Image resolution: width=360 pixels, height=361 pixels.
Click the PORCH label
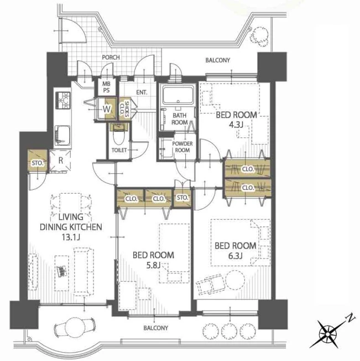[x=111, y=57]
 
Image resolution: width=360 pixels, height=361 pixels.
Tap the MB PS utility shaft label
[x=106, y=87]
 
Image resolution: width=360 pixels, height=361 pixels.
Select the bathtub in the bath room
[x=178, y=95]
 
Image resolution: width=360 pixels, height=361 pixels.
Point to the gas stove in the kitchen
[x=63, y=100]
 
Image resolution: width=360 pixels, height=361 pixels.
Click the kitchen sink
[x=62, y=135]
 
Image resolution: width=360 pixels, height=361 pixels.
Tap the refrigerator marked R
[x=60, y=161]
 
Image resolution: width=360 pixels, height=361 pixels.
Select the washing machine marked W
[x=106, y=109]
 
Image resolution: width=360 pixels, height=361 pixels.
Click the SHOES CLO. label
[x=124, y=109]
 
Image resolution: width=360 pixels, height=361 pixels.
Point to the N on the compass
[x=350, y=318]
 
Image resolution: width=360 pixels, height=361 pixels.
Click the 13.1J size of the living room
[x=71, y=237]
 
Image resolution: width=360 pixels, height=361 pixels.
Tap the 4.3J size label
[x=236, y=125]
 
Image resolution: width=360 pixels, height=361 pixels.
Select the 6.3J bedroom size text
[x=236, y=256]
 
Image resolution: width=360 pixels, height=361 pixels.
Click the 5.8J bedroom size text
[x=153, y=265]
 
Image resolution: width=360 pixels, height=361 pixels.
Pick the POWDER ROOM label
[x=182, y=147]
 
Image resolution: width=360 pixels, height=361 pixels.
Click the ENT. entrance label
[x=142, y=92]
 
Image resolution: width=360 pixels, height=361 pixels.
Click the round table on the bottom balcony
[x=74, y=327]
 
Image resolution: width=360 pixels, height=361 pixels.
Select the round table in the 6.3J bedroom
[x=235, y=280]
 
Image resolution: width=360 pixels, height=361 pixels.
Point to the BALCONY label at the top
[x=217, y=60]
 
